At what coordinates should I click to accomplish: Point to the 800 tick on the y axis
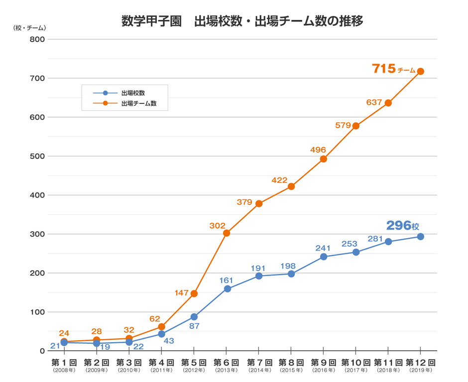pyautogui.click(x=37, y=39)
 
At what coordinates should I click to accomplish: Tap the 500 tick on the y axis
pyautogui.click(x=37, y=156)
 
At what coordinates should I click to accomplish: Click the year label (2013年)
pyautogui.click(x=226, y=371)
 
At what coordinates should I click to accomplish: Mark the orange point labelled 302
pyautogui.click(x=227, y=233)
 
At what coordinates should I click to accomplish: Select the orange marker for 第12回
pyautogui.click(x=420, y=72)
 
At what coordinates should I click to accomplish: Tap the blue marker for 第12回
pyautogui.click(x=420, y=236)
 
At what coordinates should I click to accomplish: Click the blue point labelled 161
pyautogui.click(x=227, y=288)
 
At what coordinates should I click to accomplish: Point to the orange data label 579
pyautogui.click(x=344, y=125)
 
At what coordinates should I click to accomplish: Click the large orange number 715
pyautogui.click(x=383, y=69)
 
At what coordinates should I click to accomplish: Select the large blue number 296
pyautogui.click(x=398, y=225)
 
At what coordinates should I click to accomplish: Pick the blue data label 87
pyautogui.click(x=194, y=326)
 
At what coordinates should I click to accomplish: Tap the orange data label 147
pyautogui.click(x=182, y=292)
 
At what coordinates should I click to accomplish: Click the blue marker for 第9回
pyautogui.click(x=324, y=257)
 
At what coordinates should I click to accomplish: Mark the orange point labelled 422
pyautogui.click(x=291, y=187)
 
